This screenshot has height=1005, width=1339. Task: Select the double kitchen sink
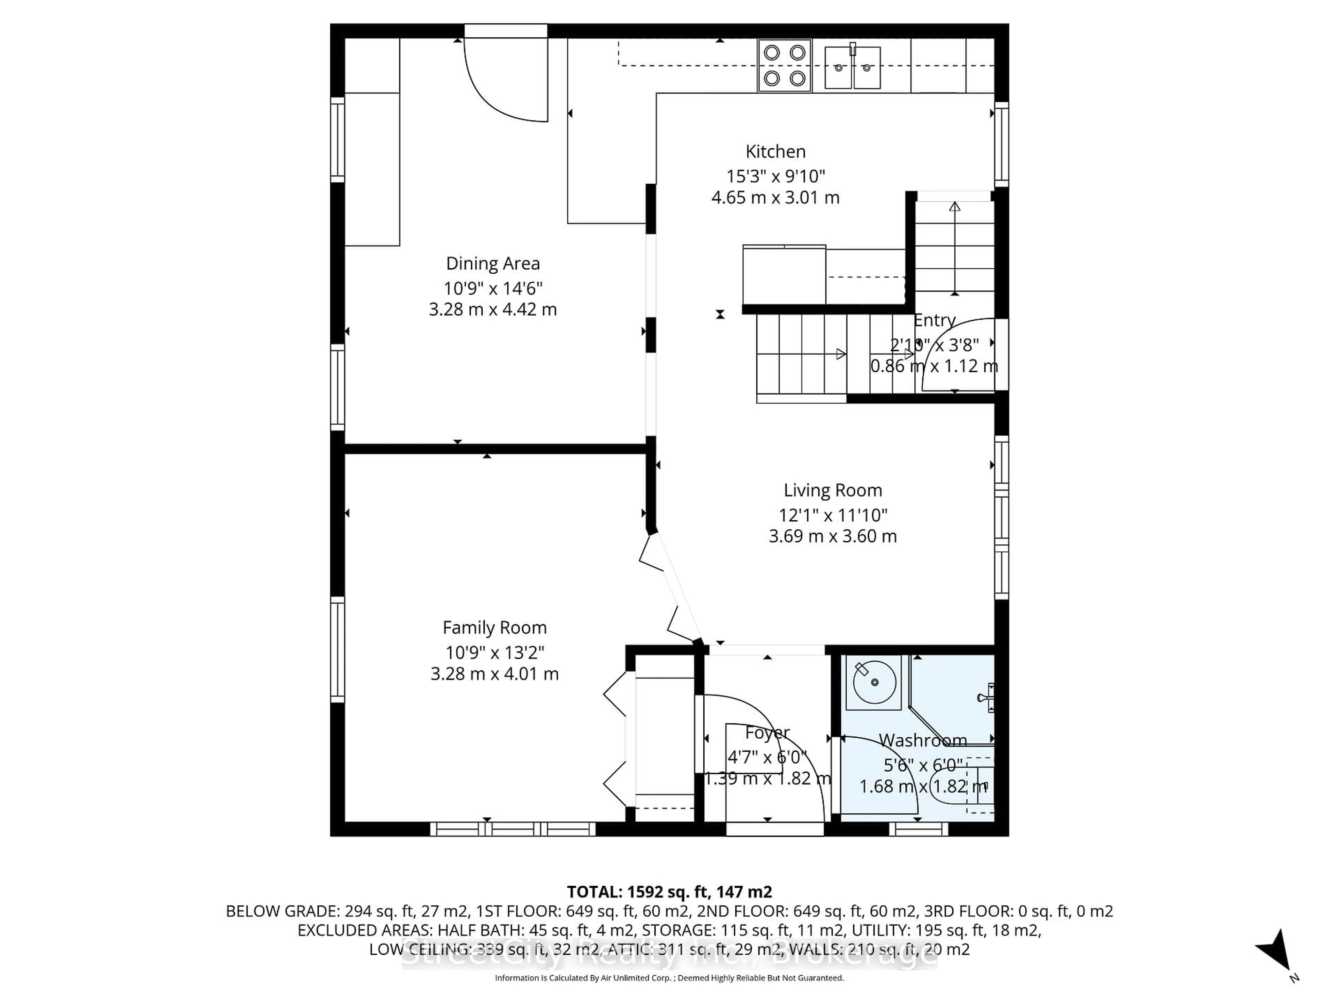click(x=852, y=67)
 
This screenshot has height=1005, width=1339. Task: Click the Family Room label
click(x=494, y=627)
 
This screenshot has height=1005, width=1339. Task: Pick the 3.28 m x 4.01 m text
click(x=494, y=673)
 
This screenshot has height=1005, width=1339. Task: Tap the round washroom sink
click(x=874, y=682)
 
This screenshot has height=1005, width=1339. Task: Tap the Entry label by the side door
click(x=934, y=320)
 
